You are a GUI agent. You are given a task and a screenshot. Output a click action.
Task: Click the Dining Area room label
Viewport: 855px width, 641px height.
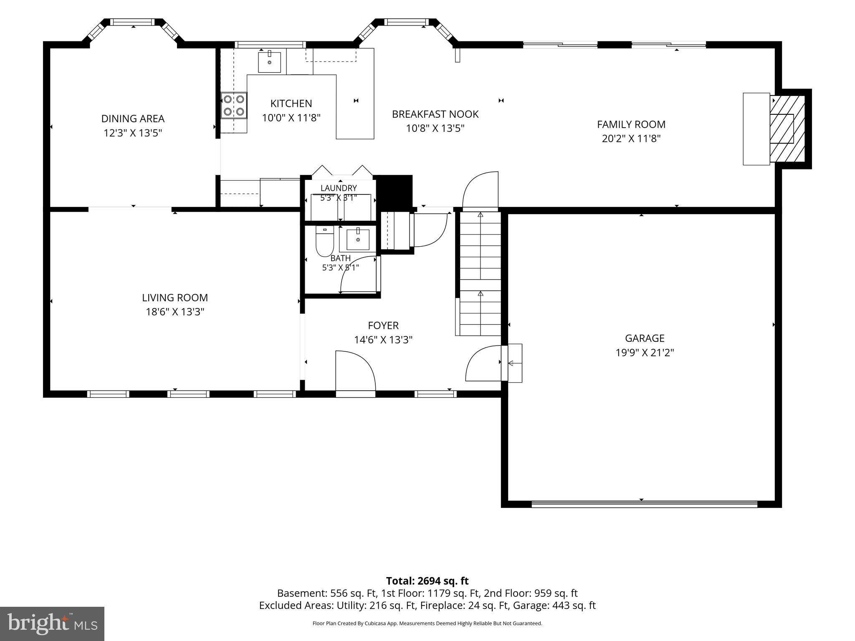133,119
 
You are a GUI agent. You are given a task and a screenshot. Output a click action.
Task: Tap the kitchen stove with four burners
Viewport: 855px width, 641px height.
234,106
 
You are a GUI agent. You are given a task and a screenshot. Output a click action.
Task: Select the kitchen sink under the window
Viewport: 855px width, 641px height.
269,61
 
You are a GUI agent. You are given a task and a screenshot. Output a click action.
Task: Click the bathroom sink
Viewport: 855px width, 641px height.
358,240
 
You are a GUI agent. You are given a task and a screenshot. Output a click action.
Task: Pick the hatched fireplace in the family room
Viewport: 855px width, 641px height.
787,129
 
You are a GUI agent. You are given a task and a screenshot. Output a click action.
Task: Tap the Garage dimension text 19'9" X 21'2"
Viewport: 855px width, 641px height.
645,353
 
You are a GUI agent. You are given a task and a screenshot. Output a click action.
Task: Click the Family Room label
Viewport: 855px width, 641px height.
631,124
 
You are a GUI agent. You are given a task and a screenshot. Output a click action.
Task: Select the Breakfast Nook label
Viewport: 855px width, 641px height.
435,114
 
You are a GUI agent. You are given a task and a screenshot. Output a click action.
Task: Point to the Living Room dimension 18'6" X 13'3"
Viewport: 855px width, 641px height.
175,312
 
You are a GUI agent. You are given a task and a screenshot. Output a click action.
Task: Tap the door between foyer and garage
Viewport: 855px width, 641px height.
483,363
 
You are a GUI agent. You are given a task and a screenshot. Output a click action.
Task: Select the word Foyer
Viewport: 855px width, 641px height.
383,326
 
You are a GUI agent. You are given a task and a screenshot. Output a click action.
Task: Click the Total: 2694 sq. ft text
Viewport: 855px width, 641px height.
427,581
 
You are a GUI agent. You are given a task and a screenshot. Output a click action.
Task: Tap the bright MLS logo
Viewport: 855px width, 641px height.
52,624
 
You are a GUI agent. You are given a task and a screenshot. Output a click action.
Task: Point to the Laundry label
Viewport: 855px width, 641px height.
339,188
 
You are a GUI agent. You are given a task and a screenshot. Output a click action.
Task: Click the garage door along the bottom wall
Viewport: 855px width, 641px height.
644,504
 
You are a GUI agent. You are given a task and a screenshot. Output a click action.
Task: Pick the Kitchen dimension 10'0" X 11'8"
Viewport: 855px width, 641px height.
291,118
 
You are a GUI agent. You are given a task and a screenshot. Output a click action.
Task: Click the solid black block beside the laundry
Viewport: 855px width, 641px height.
395,191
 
